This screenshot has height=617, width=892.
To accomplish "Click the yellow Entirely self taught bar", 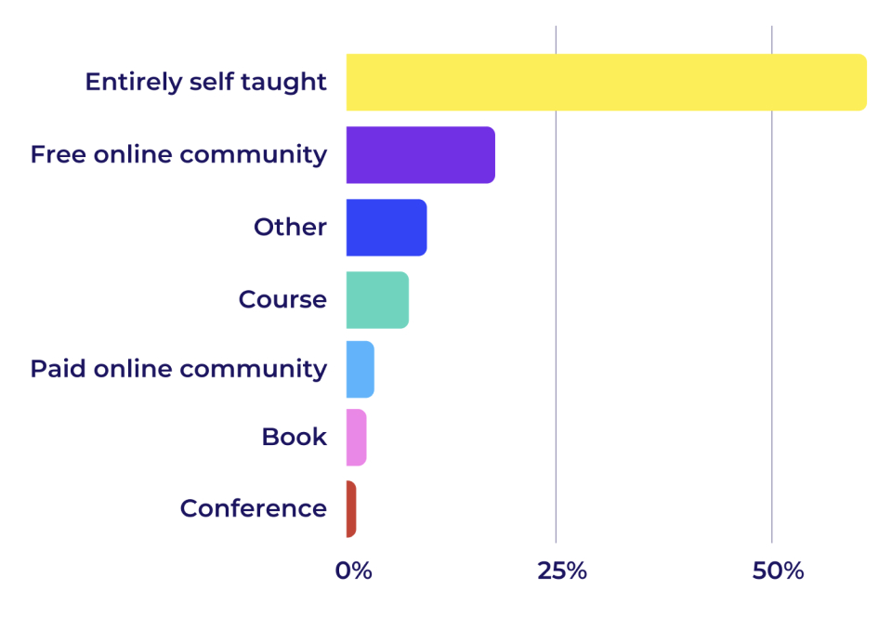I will click(606, 83).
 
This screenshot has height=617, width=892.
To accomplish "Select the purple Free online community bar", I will click(420, 154).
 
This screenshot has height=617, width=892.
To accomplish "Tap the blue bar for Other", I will click(386, 228).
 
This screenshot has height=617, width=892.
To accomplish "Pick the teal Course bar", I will click(376, 300).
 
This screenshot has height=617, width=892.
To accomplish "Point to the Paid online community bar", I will click(360, 369).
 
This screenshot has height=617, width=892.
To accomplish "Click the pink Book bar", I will click(356, 437).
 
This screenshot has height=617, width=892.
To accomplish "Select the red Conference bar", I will click(350, 508).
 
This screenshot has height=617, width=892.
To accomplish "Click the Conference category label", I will click(253, 509).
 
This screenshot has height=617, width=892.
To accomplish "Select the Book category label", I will click(294, 437).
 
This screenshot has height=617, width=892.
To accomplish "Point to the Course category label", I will click(282, 300).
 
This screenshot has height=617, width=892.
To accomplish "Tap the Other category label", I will click(290, 228).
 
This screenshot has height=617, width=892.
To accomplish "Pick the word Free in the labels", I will click(57, 154).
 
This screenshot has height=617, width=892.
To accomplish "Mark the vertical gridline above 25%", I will click(556, 372).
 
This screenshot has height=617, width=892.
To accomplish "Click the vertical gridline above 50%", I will click(772, 372).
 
